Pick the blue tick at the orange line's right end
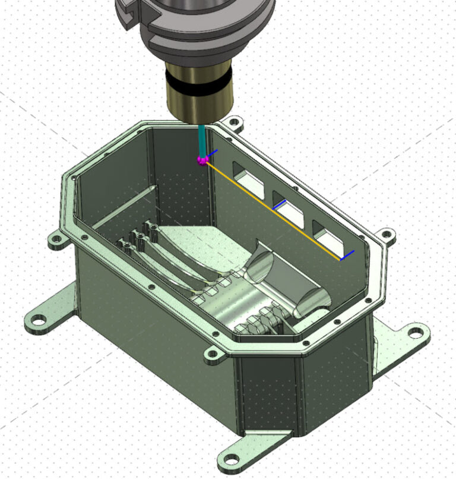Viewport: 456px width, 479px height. [x=347, y=256]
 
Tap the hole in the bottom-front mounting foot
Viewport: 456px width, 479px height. [x=229, y=458]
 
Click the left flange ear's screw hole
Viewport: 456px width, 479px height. [x=57, y=241]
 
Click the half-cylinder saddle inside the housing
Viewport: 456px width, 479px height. [x=285, y=279]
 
